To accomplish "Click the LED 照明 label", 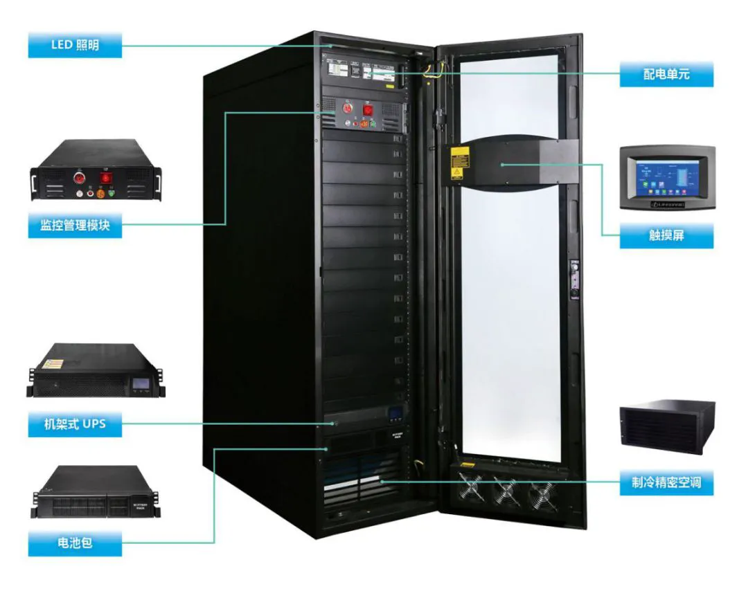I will [x=75, y=46].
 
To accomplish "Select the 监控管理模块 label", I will [x=75, y=226].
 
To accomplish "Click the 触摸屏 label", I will [x=666, y=235].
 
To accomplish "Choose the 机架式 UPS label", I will [x=75, y=424].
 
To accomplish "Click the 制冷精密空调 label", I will [x=666, y=482].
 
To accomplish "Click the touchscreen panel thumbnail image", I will [x=666, y=178].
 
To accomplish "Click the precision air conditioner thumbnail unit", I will [x=666, y=426].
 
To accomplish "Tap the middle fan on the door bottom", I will [x=508, y=491].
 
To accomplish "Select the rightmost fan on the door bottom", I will [x=542, y=493].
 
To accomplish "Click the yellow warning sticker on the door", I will [x=457, y=163].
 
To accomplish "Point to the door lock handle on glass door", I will [x=573, y=277].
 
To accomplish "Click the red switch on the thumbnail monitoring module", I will [x=106, y=176].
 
